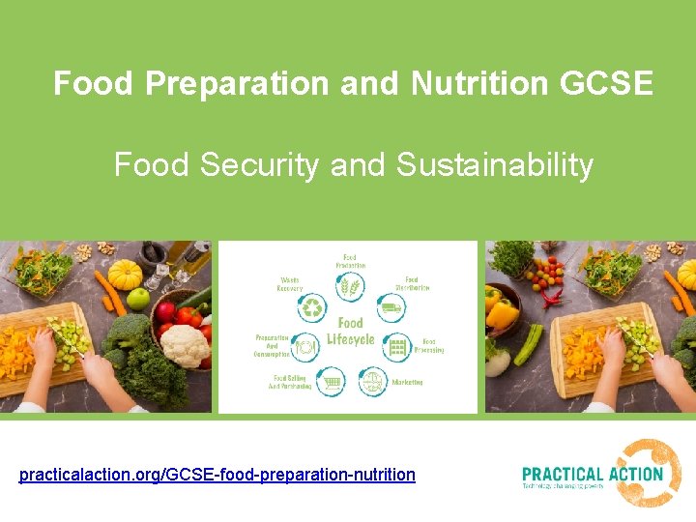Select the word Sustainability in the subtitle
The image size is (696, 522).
pos(494,165)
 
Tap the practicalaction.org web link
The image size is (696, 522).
pos(217,475)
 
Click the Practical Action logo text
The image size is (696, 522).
pos(592,475)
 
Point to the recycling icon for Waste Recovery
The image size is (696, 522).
pos(313,308)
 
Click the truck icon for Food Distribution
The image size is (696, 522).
pos(391,308)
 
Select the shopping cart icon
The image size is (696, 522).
pos(333,383)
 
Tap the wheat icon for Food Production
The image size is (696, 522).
pos(350,287)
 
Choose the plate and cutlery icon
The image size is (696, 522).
pos(306,346)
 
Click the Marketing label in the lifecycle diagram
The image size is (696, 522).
pos(407,383)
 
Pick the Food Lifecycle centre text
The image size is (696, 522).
pos(351,332)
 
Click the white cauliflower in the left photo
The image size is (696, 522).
pos(184,345)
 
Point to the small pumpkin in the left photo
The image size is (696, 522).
pos(125,274)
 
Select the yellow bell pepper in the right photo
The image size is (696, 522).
pos(502,311)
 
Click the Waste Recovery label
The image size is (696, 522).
pos(290,283)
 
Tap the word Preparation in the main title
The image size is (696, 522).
pos(238,84)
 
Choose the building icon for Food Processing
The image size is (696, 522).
pos(397,346)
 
